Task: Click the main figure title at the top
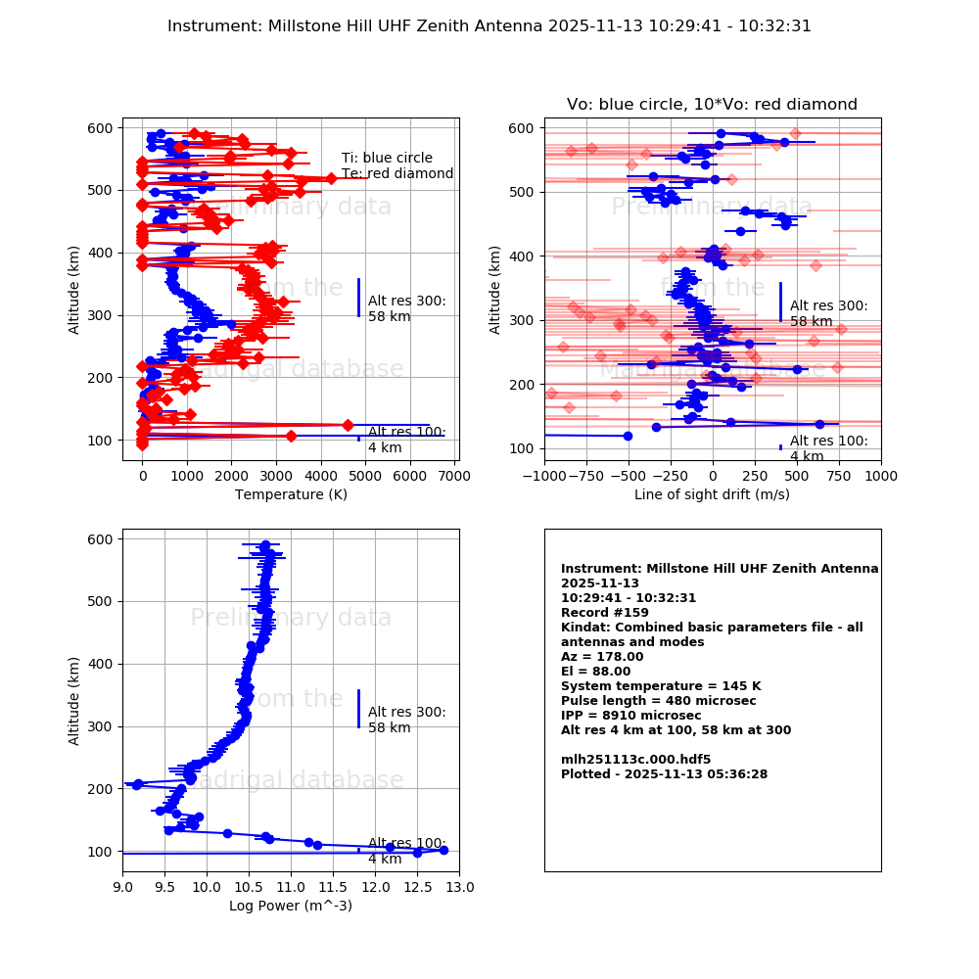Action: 489,26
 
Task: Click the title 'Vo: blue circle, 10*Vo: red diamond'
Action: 712,105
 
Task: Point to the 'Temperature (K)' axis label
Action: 291,494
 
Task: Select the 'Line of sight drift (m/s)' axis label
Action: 712,494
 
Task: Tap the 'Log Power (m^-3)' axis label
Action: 291,906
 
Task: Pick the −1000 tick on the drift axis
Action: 544,477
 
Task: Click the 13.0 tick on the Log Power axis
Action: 459,888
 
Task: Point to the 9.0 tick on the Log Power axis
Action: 122,888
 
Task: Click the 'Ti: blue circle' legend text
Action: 387,159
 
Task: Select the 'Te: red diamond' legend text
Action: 396,174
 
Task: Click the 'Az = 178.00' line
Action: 602,657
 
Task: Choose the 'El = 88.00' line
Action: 595,672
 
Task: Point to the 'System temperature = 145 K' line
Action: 654,686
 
